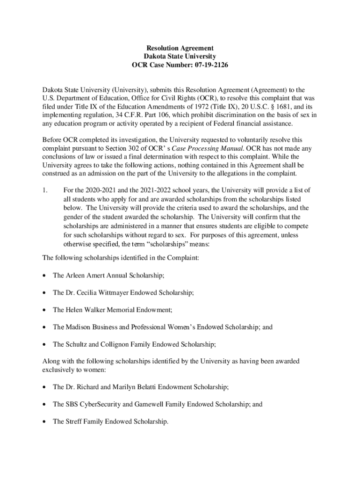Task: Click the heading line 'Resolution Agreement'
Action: pos(180,48)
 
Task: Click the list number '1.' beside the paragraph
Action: pos(45,190)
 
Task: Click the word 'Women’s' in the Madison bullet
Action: pos(202,327)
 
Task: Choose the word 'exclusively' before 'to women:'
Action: pos(58,370)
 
